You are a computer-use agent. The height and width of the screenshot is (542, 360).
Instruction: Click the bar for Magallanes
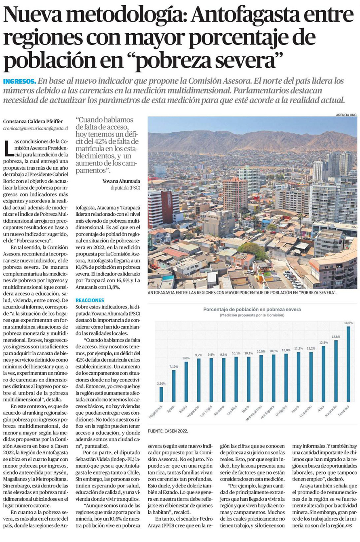(x=161, y=394)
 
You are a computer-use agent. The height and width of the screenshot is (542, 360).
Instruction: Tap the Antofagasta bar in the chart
(x=274, y=378)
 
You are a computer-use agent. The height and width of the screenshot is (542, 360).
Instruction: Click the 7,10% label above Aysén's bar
(x=173, y=367)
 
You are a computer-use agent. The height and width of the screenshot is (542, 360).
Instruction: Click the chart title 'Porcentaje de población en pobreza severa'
(x=252, y=310)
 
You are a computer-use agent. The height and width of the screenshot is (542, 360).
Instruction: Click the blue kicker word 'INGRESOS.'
(x=20, y=81)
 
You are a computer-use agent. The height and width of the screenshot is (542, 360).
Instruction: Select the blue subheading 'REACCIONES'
(x=90, y=300)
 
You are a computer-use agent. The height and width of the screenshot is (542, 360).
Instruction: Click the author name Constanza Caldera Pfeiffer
(x=33, y=122)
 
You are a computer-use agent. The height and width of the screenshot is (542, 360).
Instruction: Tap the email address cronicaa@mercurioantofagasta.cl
(x=35, y=128)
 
